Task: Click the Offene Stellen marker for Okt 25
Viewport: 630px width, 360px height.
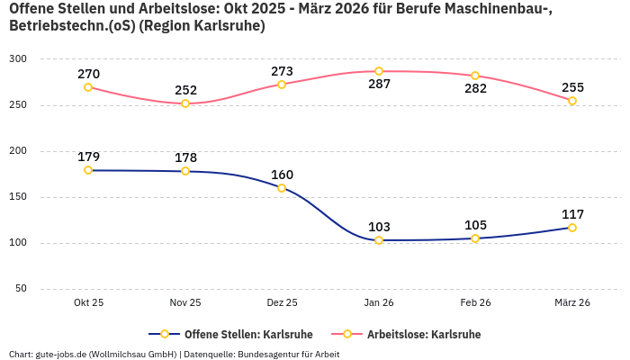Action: [88, 170]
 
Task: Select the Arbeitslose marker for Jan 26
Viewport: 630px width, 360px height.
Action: [379, 71]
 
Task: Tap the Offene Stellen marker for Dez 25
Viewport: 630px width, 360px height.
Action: [282, 188]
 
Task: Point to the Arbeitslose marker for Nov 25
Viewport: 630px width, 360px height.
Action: [185, 103]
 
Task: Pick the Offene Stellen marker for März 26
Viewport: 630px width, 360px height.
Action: [572, 228]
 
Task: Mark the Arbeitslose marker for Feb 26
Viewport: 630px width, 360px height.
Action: [475, 76]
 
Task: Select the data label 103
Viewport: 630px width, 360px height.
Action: [379, 227]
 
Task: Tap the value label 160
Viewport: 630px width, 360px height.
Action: [282, 175]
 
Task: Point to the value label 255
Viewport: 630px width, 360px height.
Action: [572, 87]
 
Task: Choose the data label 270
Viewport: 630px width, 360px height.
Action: [88, 74]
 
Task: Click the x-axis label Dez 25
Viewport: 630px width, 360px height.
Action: [282, 303]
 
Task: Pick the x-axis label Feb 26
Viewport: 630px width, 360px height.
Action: [475, 303]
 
